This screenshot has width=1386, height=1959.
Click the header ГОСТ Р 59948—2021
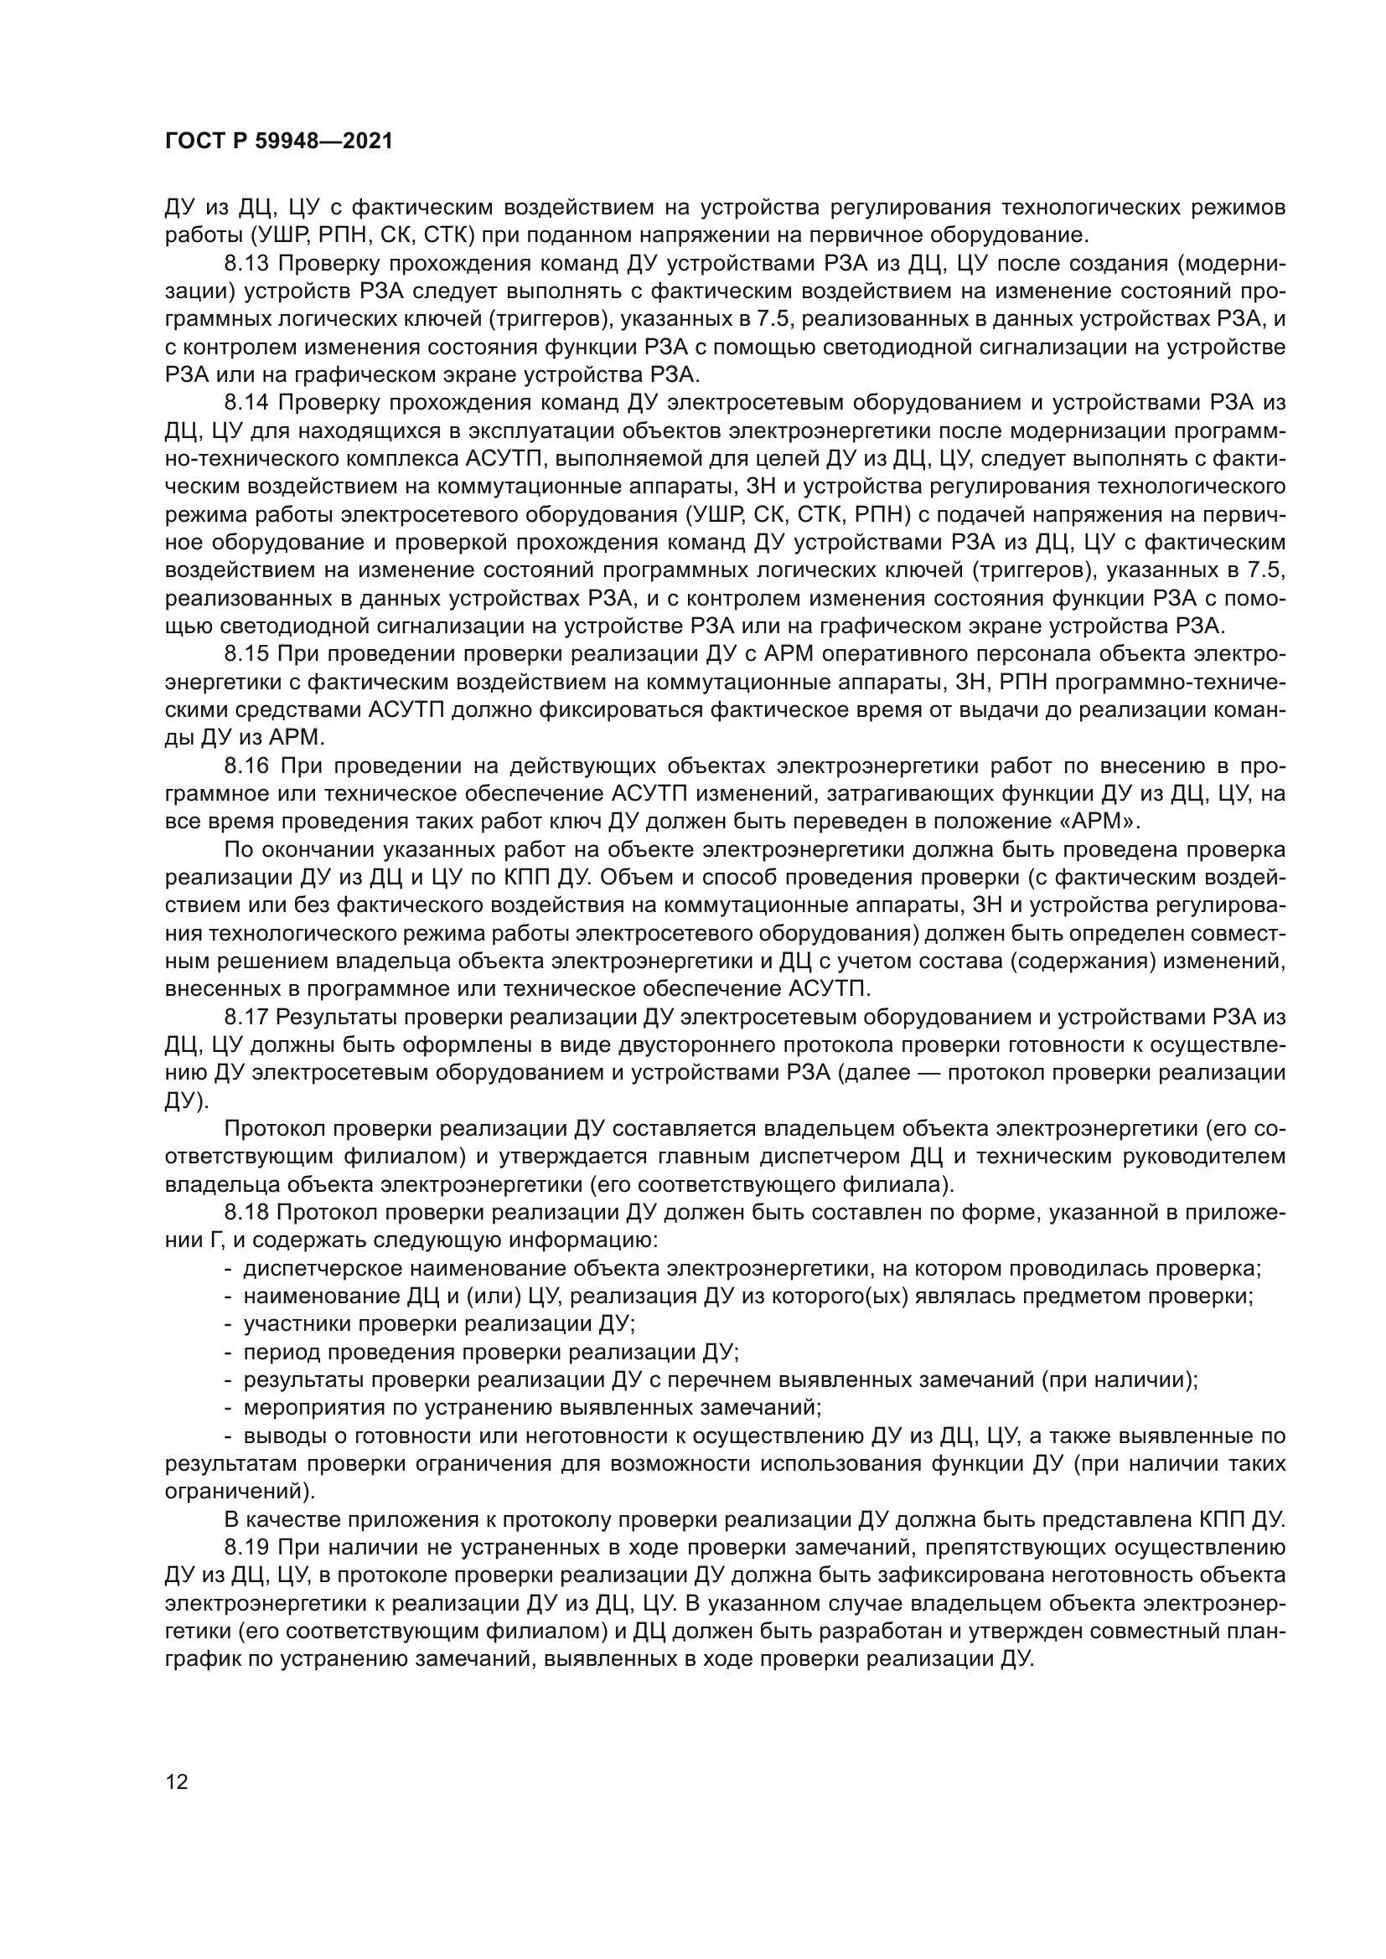pos(278,142)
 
